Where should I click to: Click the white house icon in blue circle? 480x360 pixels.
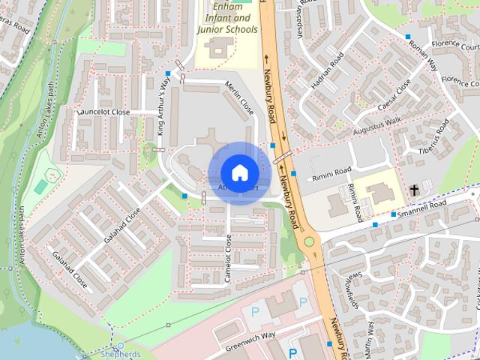pos(239,172)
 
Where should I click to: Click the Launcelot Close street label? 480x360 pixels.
pos(104,112)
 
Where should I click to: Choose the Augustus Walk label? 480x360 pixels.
pos(377,124)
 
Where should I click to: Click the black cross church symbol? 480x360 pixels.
pos(414,190)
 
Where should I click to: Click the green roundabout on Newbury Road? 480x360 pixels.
pos(309,241)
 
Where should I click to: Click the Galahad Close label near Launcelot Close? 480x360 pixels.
pos(122,225)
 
